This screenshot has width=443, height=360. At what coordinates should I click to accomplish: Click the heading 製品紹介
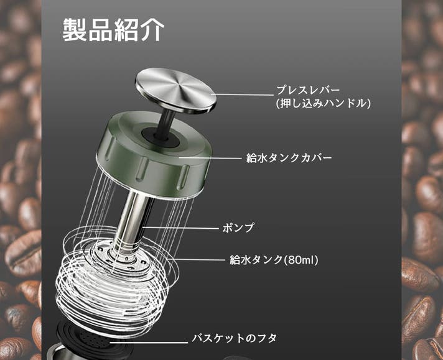tap(113, 30)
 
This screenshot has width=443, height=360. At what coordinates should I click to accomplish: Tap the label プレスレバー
tap(308, 90)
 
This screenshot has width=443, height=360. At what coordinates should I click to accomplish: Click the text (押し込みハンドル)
tap(324, 104)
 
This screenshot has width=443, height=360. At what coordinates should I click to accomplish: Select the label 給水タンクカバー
tap(289, 158)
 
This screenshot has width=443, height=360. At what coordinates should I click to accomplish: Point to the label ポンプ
tap(238, 228)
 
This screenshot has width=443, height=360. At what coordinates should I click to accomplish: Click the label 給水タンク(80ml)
tap(274, 260)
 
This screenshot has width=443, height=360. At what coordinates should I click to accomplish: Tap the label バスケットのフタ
tap(234, 338)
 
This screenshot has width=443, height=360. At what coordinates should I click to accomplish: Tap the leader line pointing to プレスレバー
tap(243, 95)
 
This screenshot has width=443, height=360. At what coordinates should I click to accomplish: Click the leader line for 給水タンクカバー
tap(210, 158)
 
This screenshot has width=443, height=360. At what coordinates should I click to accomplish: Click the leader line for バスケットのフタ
tap(149, 343)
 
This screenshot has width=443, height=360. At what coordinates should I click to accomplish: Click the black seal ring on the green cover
tap(161, 137)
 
